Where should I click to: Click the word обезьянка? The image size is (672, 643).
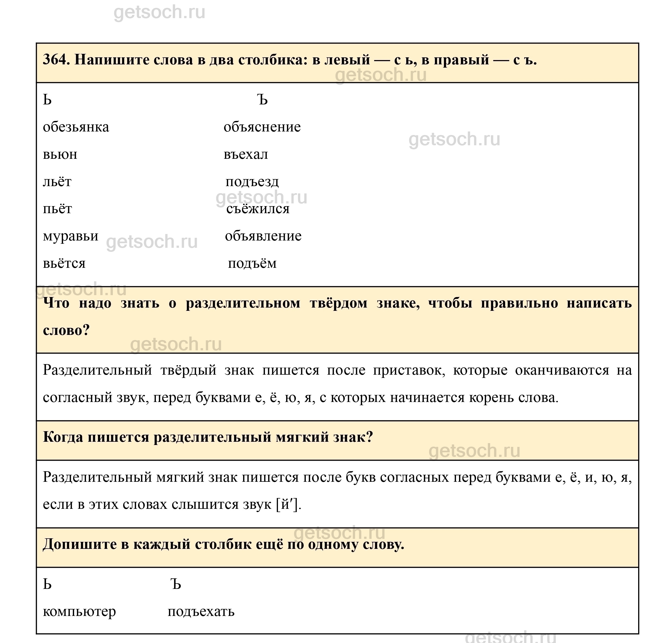(76, 127)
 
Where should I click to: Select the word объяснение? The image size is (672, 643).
(262, 127)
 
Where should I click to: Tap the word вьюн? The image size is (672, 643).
(60, 154)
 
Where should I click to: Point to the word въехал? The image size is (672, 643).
(245, 154)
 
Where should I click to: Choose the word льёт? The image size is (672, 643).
(57, 182)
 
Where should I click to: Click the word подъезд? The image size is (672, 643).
(252, 182)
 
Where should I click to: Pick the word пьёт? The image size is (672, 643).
(57, 209)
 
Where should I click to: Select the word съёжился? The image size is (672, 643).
(258, 209)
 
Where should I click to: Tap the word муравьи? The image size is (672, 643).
(70, 236)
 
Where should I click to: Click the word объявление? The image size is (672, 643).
(263, 236)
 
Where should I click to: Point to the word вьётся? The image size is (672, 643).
(64, 263)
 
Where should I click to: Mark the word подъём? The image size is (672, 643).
(252, 263)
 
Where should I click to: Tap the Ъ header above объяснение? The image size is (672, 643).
(262, 100)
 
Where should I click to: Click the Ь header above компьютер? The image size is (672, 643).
(47, 584)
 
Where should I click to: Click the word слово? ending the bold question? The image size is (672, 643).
(66, 330)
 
